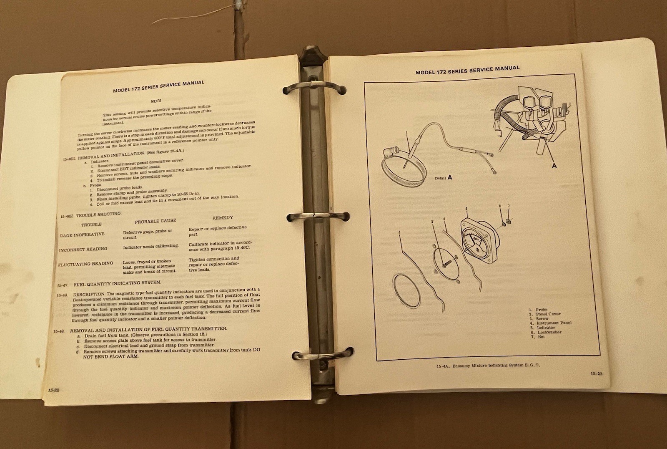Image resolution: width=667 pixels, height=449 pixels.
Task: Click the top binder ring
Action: (x=313, y=88)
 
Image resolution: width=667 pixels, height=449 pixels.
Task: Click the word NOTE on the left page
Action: (x=156, y=101)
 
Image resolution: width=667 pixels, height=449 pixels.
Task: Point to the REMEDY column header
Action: (x=223, y=218)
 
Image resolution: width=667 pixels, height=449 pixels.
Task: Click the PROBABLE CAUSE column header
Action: (x=155, y=221)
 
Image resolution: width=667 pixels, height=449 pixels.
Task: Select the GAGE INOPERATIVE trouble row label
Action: (x=82, y=235)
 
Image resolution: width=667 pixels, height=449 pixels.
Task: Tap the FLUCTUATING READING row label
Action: (x=85, y=264)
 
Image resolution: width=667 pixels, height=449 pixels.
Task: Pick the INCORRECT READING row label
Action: (x=83, y=250)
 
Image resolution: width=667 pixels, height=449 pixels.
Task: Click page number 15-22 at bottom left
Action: (x=54, y=390)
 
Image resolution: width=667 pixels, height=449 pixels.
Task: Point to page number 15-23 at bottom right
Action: (x=596, y=373)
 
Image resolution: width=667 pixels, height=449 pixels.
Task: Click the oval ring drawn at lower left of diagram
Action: (x=407, y=291)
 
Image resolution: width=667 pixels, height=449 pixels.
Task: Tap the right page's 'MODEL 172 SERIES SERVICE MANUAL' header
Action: (x=467, y=70)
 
